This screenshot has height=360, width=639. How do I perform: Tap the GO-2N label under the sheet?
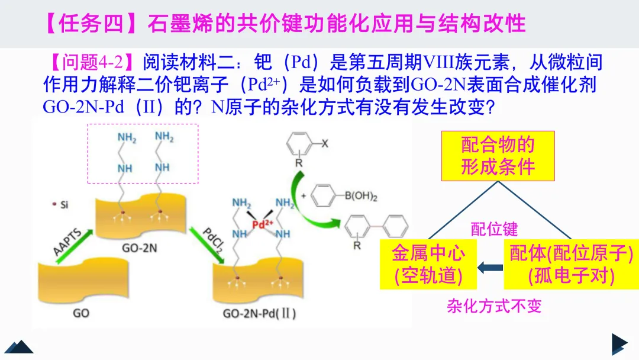click(x=141, y=247)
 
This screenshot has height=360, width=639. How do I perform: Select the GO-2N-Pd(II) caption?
click(x=260, y=313)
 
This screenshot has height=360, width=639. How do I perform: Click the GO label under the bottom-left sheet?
click(x=81, y=313)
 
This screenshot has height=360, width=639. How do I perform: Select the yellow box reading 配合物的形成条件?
click(x=498, y=155)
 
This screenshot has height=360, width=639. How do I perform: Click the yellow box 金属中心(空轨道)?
click(x=428, y=265)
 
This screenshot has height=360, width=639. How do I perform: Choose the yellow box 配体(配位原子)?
click(x=571, y=265)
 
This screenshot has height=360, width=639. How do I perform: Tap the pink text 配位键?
click(x=494, y=229)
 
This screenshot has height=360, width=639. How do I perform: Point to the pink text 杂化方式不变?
click(x=494, y=306)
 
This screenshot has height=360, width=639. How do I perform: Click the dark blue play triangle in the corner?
click(x=618, y=344)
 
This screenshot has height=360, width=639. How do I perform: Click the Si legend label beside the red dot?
click(x=64, y=205)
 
